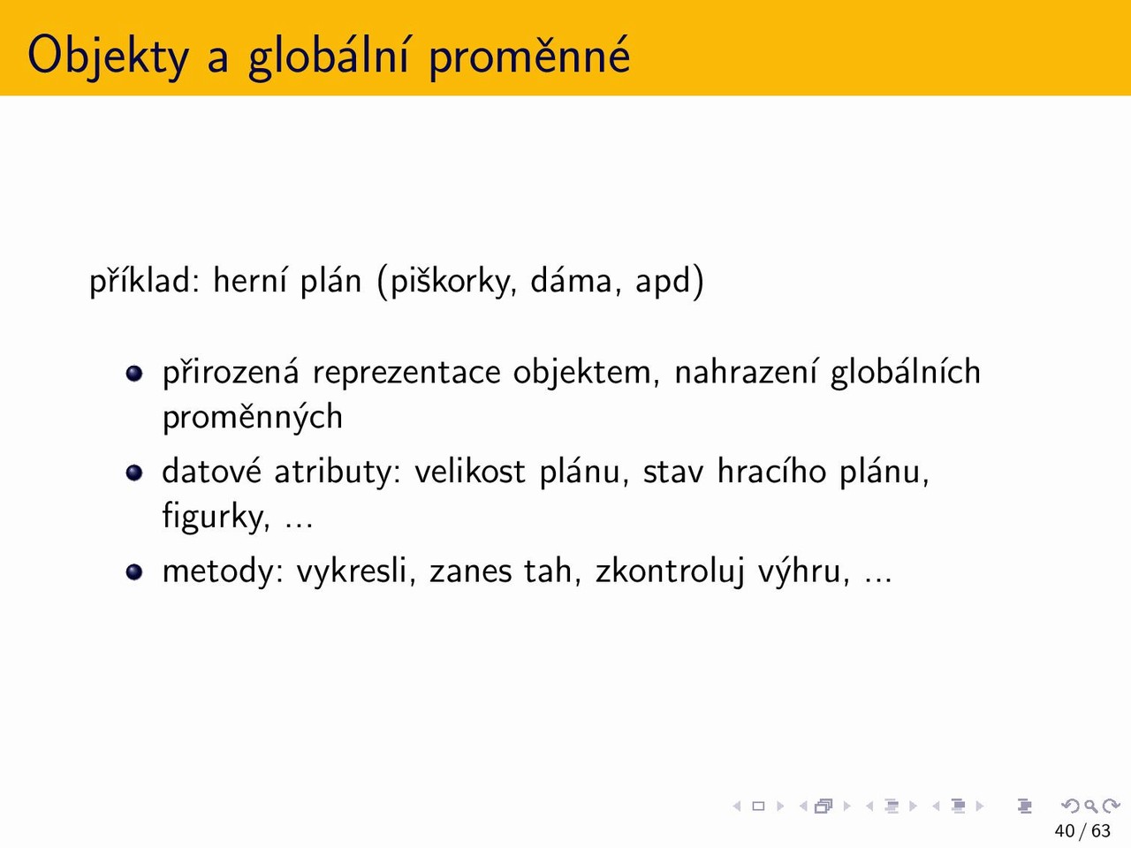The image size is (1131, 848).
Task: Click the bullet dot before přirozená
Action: click(x=134, y=374)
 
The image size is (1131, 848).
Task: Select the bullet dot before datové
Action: click(x=134, y=473)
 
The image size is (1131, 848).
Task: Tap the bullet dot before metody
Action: click(x=134, y=572)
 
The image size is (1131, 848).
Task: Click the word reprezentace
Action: click(x=406, y=374)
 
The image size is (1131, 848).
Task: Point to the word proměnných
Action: click(x=253, y=418)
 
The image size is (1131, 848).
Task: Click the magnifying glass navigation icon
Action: click(x=1090, y=806)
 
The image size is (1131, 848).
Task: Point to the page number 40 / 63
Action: click(x=1082, y=831)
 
